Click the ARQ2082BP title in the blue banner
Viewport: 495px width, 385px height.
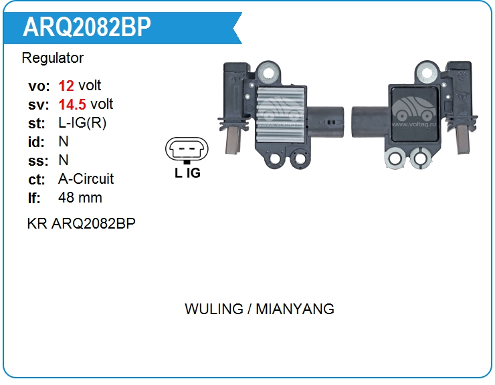pyautogui.click(x=87, y=27)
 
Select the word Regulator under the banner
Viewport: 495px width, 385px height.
pyautogui.click(x=53, y=58)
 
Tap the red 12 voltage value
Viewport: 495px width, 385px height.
pyautogui.click(x=66, y=86)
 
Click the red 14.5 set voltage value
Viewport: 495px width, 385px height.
pyautogui.click(x=72, y=104)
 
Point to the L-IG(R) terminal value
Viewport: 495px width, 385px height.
pyautogui.click(x=82, y=123)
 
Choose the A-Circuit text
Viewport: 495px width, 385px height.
pyautogui.click(x=86, y=179)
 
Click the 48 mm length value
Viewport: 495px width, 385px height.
pyautogui.click(x=80, y=198)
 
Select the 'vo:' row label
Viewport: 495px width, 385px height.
pyautogui.click(x=37, y=86)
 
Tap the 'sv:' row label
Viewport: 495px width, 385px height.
pyautogui.click(x=37, y=104)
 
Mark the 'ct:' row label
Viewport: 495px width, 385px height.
pyautogui.click(x=37, y=179)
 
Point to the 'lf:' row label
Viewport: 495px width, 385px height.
pyautogui.click(x=35, y=198)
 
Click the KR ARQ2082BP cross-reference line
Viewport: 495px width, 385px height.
pyautogui.click(x=81, y=223)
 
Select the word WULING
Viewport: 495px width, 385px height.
pyautogui.click(x=213, y=309)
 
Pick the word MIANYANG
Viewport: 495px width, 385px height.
pyautogui.click(x=295, y=309)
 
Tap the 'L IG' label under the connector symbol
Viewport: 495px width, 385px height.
pyautogui.click(x=187, y=172)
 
